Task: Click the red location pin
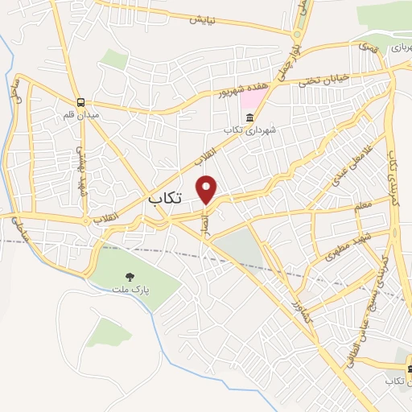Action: coord(208,189)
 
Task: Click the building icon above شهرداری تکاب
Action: coord(232,117)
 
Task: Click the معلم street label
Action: coord(363,207)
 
